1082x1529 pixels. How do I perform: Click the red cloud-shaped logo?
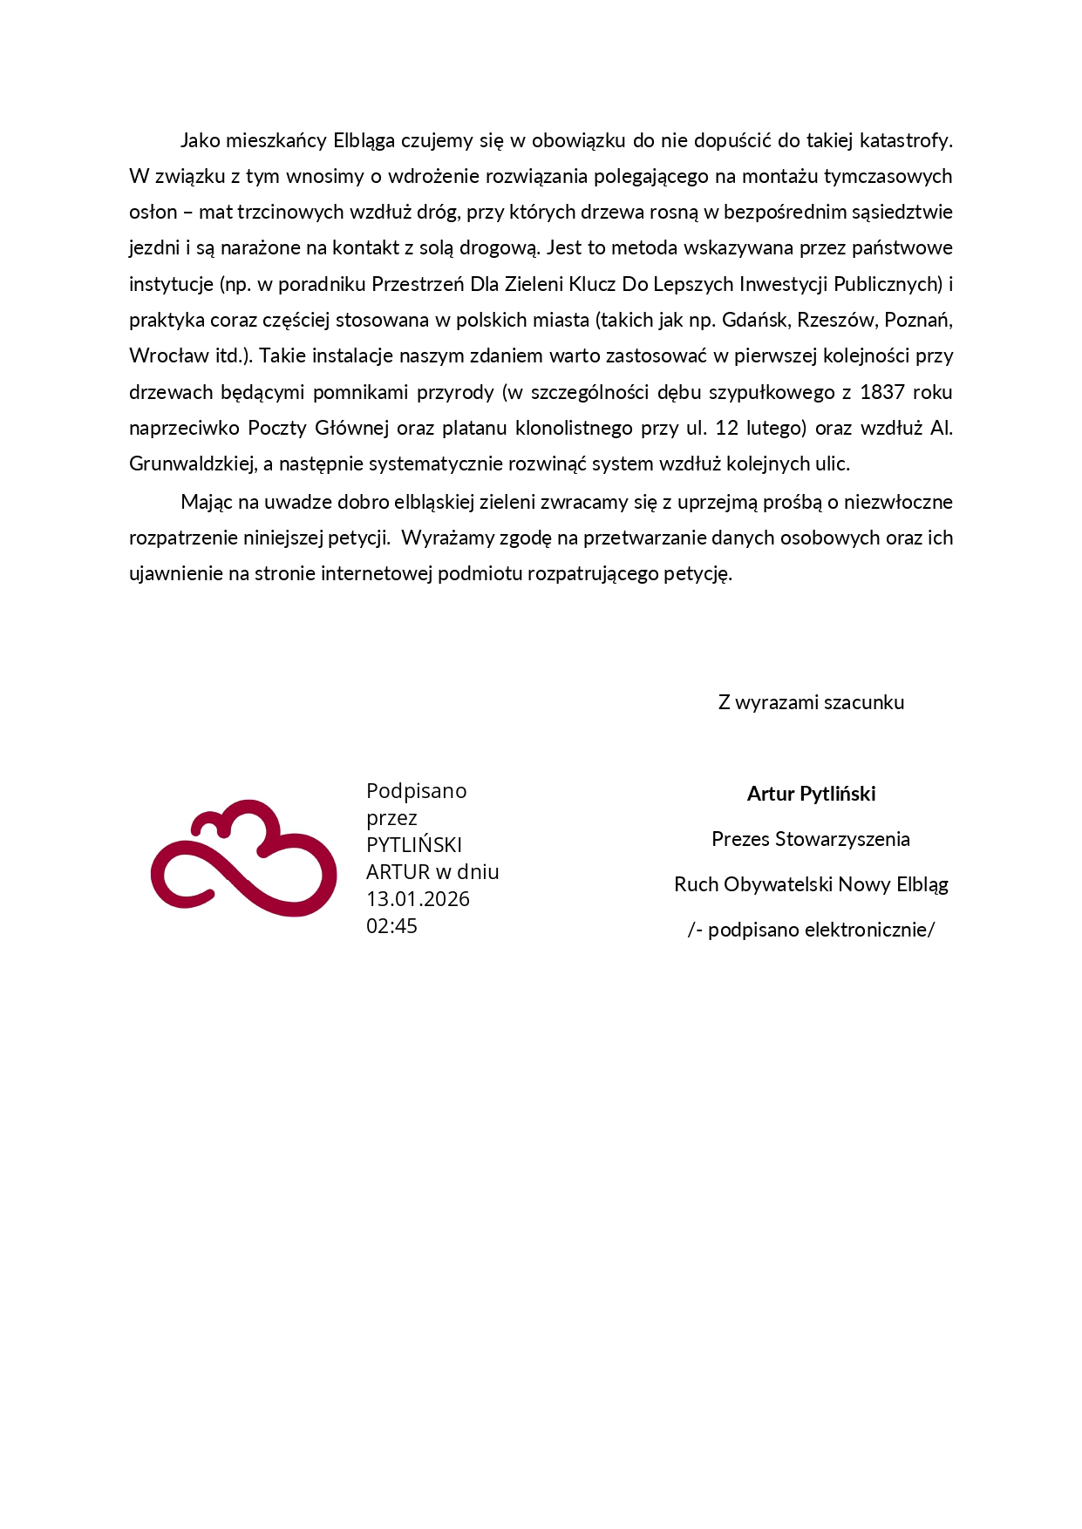(x=243, y=858)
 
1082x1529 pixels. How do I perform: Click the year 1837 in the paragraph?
(x=881, y=392)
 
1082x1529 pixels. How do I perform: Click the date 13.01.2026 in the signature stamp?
(x=418, y=899)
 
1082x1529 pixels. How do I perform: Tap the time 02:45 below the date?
(x=391, y=926)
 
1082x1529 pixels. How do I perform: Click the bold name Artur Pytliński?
(x=811, y=794)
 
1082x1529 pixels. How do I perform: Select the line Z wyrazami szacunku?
(x=811, y=702)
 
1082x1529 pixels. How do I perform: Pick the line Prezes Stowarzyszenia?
(x=811, y=839)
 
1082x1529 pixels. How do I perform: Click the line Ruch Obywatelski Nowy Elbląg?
(x=811, y=884)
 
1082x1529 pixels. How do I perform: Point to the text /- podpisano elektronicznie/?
(x=811, y=930)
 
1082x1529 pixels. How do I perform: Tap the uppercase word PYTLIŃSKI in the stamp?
(x=414, y=845)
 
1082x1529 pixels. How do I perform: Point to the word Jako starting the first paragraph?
(x=200, y=140)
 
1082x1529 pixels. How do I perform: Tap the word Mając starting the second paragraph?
(x=206, y=502)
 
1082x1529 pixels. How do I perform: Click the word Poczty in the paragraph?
(x=276, y=428)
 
